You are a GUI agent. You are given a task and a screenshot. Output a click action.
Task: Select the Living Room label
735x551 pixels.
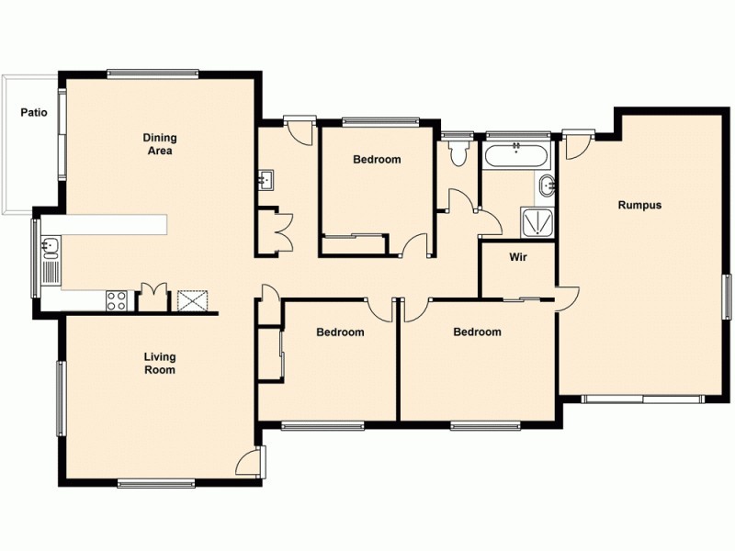[x=159, y=363]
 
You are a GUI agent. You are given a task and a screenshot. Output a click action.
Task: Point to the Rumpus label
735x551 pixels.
[x=639, y=205]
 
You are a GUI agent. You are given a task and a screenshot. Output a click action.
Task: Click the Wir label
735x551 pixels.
[x=516, y=257]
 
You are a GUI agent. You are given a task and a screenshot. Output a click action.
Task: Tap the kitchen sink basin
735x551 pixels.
[x=51, y=246]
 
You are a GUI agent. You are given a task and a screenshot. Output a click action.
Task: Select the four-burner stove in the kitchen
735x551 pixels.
[x=118, y=299]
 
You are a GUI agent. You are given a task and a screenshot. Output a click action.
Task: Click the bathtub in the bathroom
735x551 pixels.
[x=516, y=154]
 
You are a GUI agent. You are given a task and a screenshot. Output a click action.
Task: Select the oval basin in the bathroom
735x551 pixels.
[x=548, y=186]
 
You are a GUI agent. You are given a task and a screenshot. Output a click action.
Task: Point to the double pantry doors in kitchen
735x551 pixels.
[x=153, y=297]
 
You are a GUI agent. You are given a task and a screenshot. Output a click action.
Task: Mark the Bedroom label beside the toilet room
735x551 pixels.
[x=377, y=159]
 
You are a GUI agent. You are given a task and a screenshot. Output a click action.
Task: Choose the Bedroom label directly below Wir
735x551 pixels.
[x=477, y=332]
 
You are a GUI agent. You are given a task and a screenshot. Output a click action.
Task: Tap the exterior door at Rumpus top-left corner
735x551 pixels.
[x=577, y=144]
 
